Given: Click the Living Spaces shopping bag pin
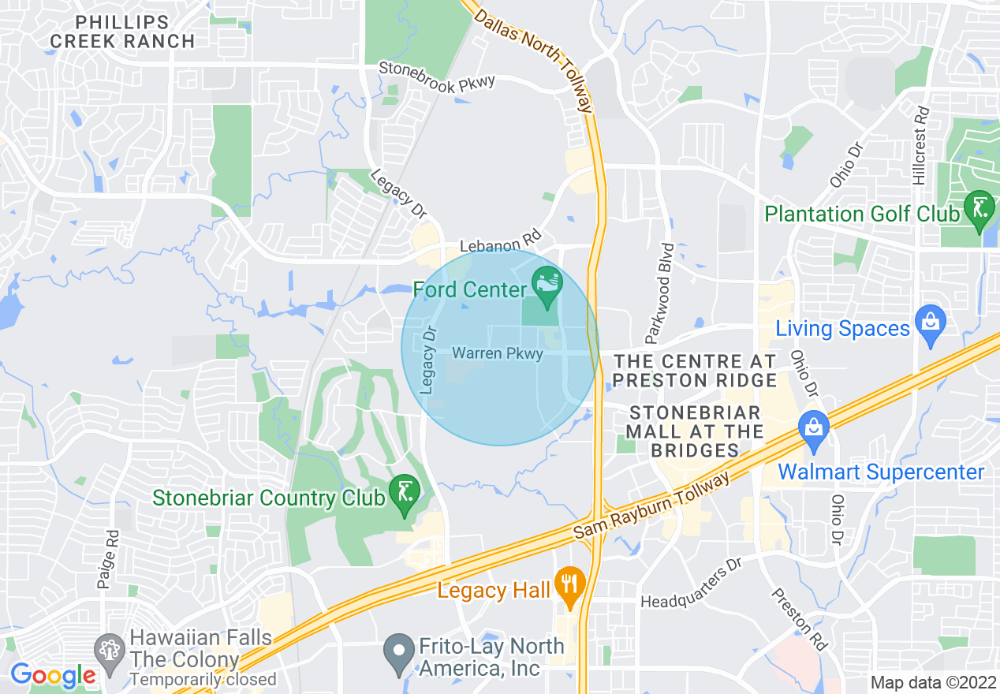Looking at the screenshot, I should coord(931,325).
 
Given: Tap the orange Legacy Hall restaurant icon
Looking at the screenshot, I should coord(568,584).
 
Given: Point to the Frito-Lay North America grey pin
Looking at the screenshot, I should coord(399,653).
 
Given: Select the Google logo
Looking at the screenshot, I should coord(53,675).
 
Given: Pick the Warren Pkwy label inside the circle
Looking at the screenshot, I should coord(498,353).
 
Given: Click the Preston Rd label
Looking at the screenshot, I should coord(800,620).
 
